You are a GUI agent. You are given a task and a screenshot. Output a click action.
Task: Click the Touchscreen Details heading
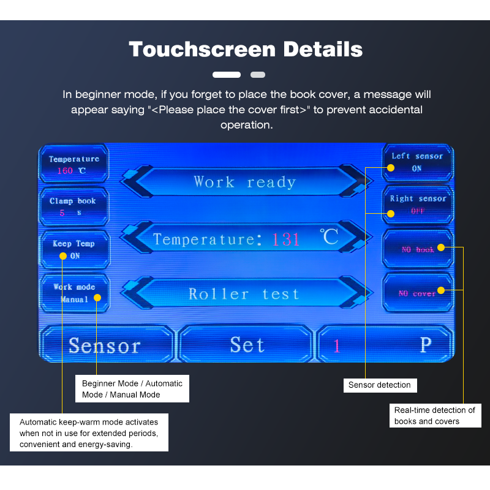pyautogui.click(x=245, y=49)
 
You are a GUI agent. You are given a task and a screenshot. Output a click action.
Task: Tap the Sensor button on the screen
pyautogui.click(x=105, y=345)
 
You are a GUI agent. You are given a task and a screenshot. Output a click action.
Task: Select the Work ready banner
pyautogui.click(x=245, y=182)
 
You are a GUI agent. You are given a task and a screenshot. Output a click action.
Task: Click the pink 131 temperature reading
pyautogui.click(x=286, y=239)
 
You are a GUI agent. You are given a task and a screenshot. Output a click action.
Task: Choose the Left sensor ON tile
pyautogui.click(x=417, y=162)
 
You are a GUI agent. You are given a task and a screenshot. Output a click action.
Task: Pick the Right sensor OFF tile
pyautogui.click(x=418, y=205)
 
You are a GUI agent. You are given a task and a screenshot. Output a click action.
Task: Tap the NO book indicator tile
pyautogui.click(x=418, y=249)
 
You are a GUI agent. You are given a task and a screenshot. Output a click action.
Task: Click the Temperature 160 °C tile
pyautogui.click(x=73, y=165)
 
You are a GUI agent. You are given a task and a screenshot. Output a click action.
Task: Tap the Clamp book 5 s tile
pyautogui.click(x=73, y=206)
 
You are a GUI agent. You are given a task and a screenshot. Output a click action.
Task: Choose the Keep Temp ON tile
pyautogui.click(x=73, y=249)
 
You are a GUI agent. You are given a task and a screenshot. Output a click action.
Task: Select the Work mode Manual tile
pyautogui.click(x=73, y=293)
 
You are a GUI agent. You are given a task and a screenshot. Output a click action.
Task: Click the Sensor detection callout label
pyautogui.click(x=380, y=385)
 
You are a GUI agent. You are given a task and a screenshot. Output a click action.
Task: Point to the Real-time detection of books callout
pyautogui.click(x=435, y=415)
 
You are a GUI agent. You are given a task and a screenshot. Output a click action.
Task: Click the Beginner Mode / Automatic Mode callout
pyautogui.click(x=132, y=389)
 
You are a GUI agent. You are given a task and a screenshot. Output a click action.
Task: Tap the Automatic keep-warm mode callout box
pyautogui.click(x=89, y=433)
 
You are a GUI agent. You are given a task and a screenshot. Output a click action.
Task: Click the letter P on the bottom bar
pyautogui.click(x=426, y=345)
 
